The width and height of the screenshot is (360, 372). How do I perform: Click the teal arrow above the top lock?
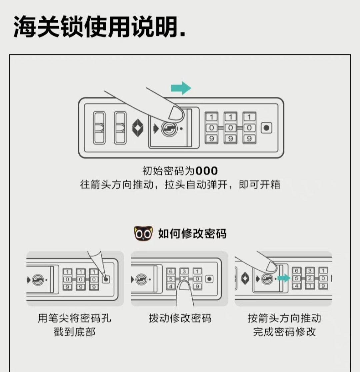(181, 88)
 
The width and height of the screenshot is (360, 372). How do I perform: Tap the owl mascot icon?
(143, 233)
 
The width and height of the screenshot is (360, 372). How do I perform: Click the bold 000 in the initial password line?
(207, 171)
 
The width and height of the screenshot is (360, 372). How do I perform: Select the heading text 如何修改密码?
(192, 234)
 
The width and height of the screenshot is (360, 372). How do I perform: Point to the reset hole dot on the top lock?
(266, 128)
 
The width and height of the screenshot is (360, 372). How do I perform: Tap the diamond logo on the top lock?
(138, 128)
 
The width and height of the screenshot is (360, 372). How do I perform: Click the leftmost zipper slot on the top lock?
(99, 128)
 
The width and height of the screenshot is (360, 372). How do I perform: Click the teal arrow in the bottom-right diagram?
(284, 278)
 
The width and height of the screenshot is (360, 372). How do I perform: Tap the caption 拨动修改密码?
(180, 318)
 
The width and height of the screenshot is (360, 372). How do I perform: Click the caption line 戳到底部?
(74, 332)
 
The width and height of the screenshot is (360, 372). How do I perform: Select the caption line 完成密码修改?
(284, 332)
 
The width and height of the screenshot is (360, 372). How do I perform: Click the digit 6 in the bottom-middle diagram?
(171, 271)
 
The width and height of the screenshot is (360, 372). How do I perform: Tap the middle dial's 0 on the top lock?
(230, 128)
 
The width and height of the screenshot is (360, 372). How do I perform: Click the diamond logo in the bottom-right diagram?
(245, 278)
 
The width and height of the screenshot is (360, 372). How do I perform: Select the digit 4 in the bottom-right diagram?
(296, 286)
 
